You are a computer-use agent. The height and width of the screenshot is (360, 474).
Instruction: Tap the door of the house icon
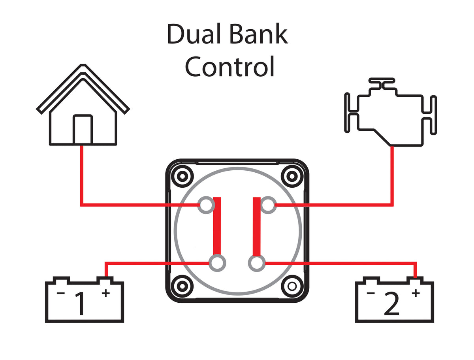tap(83, 129)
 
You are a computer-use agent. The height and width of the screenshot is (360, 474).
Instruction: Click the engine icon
tap(390, 112)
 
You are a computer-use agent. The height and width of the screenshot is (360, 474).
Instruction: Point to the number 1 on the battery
tap(80, 304)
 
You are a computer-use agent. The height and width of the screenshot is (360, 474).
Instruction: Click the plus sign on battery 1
tap(105, 293)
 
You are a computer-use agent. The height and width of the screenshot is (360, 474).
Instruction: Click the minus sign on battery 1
tap(60, 293)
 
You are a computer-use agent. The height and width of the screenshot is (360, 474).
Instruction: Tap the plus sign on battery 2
tap(416, 293)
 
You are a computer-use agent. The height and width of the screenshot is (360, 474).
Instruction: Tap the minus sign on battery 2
tap(371, 293)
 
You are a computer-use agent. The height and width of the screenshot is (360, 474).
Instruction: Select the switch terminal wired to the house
tap(206, 205)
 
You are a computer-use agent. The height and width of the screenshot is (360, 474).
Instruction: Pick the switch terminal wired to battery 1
tap(217, 263)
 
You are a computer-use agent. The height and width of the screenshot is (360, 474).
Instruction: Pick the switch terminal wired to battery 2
tap(257, 263)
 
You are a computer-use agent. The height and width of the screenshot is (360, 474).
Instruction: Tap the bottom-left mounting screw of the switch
tap(182, 285)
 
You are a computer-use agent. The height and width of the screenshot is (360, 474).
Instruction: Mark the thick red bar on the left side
tap(217, 226)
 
